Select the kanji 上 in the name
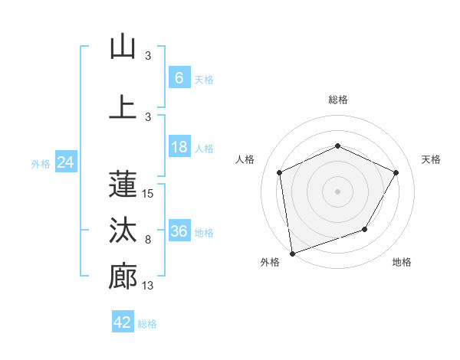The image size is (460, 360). pos(123,106)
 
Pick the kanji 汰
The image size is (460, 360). pos(123,230)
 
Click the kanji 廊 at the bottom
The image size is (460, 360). pos(123,277)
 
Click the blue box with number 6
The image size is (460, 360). pos(179,78)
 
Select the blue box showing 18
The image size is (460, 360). pos(179,147)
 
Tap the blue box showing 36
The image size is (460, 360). pos(179,231)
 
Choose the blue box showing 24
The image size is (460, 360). pos(65,162)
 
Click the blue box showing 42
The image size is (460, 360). pos(123,322)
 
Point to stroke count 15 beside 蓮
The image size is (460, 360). pos(148,194)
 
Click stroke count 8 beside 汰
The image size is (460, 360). pos(148,240)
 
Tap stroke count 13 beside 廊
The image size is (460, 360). pos(148,286)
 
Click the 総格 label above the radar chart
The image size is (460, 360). pos(337,100)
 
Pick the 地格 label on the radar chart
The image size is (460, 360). pos(402,262)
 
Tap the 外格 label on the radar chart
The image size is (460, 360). pos(270,262)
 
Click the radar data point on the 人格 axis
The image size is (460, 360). pos(280,172)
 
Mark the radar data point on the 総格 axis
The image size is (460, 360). pos(337,146)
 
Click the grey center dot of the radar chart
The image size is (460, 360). pos(337,191)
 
